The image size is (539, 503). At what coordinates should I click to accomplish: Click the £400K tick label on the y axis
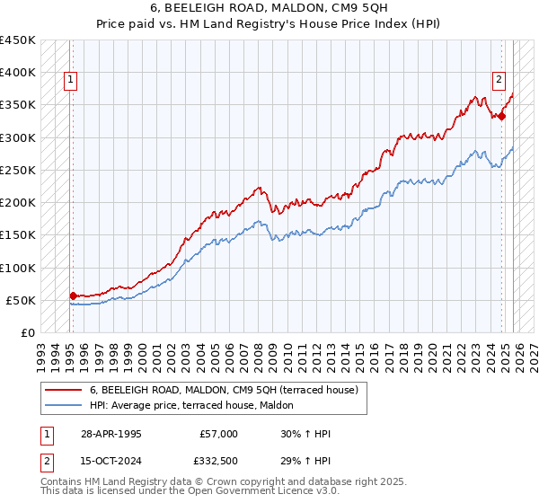point(18,73)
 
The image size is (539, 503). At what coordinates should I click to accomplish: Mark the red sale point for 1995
point(73,295)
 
